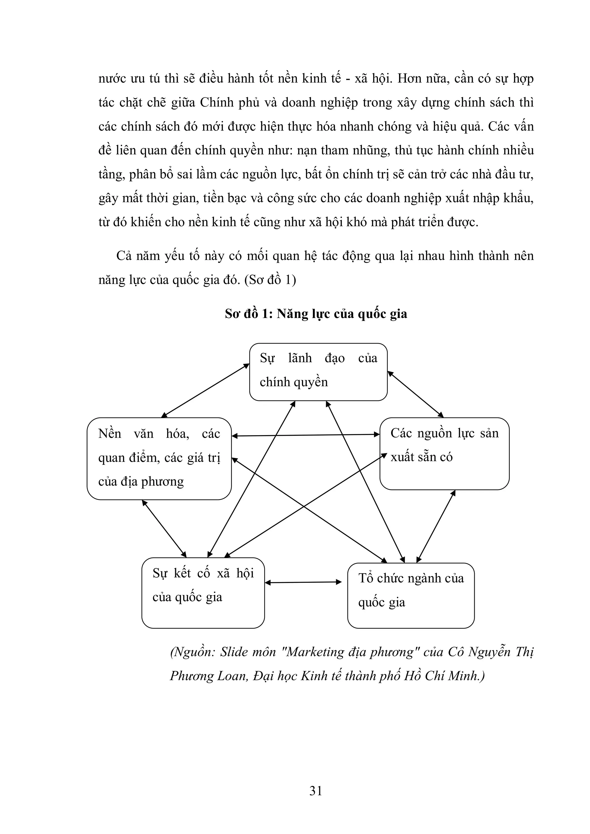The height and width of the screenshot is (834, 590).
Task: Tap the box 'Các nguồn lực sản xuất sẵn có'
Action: click(x=444, y=453)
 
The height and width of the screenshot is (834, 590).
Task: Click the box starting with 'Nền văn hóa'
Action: click(x=159, y=458)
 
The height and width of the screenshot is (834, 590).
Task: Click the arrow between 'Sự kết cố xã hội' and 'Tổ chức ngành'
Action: click(x=303, y=583)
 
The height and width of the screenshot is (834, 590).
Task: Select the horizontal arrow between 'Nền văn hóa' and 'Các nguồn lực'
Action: click(x=305, y=435)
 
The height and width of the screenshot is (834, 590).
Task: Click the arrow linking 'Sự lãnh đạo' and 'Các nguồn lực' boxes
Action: click(x=415, y=394)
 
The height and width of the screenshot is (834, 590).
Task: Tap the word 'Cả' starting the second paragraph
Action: click(x=124, y=256)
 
